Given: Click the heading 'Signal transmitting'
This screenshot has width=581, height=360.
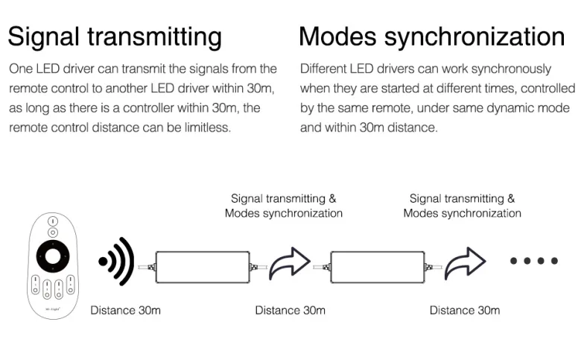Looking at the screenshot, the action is [115, 37].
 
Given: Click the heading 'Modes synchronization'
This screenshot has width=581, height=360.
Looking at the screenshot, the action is [432, 37].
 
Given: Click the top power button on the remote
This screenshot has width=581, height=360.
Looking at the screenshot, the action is [53, 221].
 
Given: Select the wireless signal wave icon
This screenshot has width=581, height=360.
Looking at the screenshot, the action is [116, 261].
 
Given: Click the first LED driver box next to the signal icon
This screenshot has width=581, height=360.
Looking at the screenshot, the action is [203, 267].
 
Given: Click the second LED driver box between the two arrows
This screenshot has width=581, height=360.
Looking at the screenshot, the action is [378, 267].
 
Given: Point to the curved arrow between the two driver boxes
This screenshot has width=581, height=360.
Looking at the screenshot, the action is [290, 262].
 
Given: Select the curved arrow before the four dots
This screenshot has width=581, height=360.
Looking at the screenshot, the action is [465, 262].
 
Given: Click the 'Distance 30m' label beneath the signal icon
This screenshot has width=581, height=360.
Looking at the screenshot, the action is [126, 310].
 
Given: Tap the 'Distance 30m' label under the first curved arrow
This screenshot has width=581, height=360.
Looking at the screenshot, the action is [290, 310].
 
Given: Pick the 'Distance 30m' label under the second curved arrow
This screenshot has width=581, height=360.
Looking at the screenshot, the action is [465, 310].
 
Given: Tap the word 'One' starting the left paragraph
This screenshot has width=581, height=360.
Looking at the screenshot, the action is [21, 69].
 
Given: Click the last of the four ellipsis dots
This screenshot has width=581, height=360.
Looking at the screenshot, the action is [554, 261].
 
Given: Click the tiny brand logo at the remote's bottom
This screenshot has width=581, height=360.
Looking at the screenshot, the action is [53, 309].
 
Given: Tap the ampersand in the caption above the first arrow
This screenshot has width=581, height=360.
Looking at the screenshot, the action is [332, 199].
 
